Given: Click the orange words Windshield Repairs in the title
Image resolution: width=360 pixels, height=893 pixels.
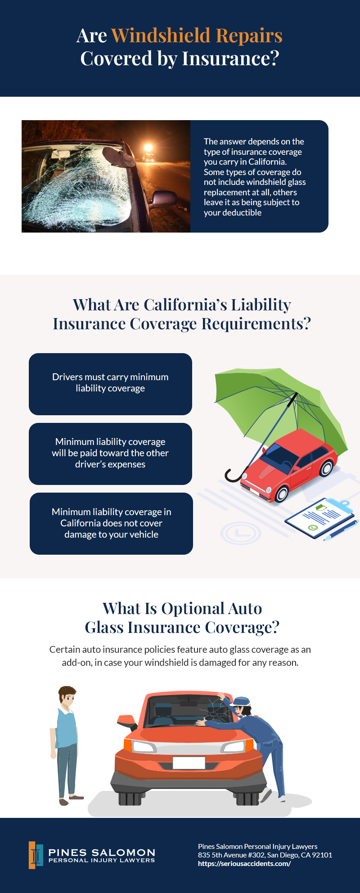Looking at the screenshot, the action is pyautogui.click(x=197, y=35).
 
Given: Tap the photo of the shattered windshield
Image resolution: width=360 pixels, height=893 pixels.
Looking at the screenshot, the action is pyautogui.click(x=106, y=176).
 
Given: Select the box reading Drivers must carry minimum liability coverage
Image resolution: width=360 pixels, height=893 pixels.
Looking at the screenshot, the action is pyautogui.click(x=110, y=384).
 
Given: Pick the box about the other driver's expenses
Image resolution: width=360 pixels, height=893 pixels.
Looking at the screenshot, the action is pyautogui.click(x=110, y=454).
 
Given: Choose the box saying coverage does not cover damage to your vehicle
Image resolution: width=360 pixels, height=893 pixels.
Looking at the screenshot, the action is pyautogui.click(x=111, y=524).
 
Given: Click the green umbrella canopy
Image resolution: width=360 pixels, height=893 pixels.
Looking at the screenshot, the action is pyautogui.click(x=279, y=405).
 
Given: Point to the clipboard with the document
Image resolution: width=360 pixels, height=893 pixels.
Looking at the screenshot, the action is pyautogui.click(x=319, y=517).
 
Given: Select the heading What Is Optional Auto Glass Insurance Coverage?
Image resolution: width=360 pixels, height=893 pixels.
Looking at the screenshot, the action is pyautogui.click(x=182, y=618).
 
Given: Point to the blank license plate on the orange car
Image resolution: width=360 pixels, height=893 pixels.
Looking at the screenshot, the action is pyautogui.click(x=189, y=763).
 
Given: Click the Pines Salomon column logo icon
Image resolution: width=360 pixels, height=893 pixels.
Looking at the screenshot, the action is pyautogui.click(x=36, y=855).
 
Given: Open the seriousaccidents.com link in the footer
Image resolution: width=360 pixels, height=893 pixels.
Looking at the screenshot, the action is pyautogui.click(x=244, y=864).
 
